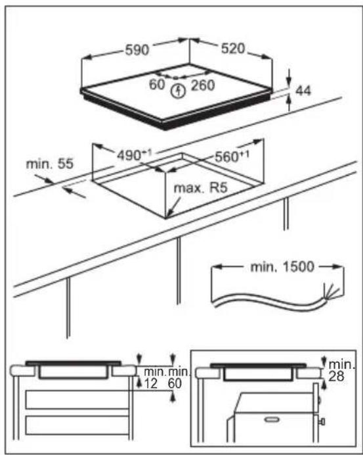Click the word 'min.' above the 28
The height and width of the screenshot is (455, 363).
[x=342, y=364]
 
